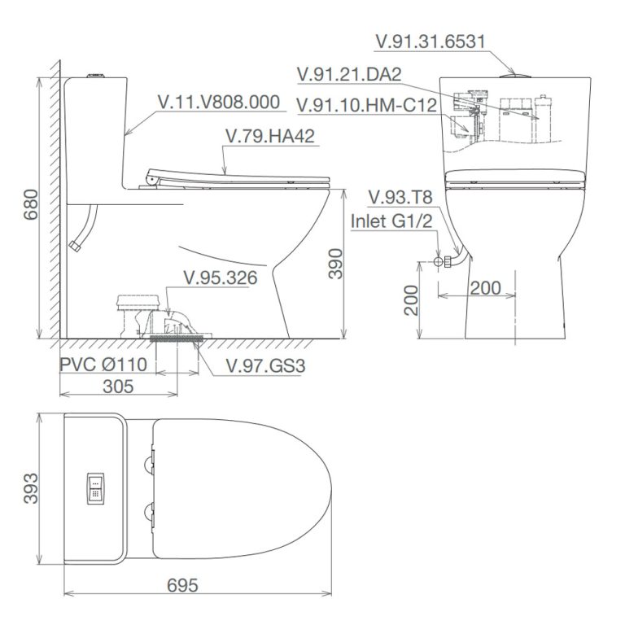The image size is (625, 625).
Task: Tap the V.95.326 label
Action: pos(220,278)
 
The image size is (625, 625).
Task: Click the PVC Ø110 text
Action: pos(103,365)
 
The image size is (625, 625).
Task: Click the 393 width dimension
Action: pos(31,489)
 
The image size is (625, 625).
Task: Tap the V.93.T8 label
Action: pos(400,198)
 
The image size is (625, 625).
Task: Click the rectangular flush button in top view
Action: pos(95,488)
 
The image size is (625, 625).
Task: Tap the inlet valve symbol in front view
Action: pos(439,263)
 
